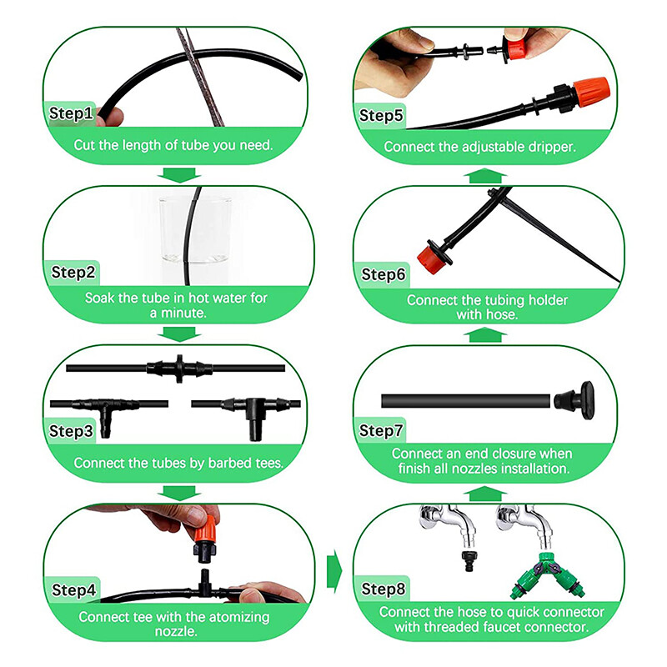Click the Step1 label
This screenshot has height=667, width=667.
71,113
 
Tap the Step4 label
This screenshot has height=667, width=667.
73,590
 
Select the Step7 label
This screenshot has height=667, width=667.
381,430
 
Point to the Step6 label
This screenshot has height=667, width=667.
383,274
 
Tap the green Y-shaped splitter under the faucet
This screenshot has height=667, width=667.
547,574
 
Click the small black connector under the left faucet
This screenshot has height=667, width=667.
469,560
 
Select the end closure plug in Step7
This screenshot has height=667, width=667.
574,400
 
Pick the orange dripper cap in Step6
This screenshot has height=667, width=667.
430,258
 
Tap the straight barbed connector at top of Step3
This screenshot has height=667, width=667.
179,368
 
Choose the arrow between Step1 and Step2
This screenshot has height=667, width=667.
179,175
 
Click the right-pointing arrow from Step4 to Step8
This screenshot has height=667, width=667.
334,571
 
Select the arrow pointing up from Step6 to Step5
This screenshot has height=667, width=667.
485,176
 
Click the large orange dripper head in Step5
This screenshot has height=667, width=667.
591,93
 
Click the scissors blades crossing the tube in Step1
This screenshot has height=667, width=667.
199,77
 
